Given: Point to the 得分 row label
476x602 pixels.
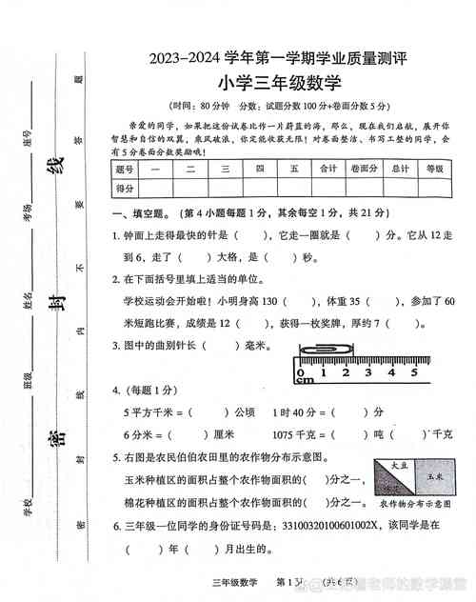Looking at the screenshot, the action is point(125,188).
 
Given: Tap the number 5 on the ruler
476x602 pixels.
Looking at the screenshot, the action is point(414,371).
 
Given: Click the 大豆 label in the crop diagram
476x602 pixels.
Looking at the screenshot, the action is point(400,464).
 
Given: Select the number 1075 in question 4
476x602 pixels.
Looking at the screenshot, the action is point(287,433).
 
